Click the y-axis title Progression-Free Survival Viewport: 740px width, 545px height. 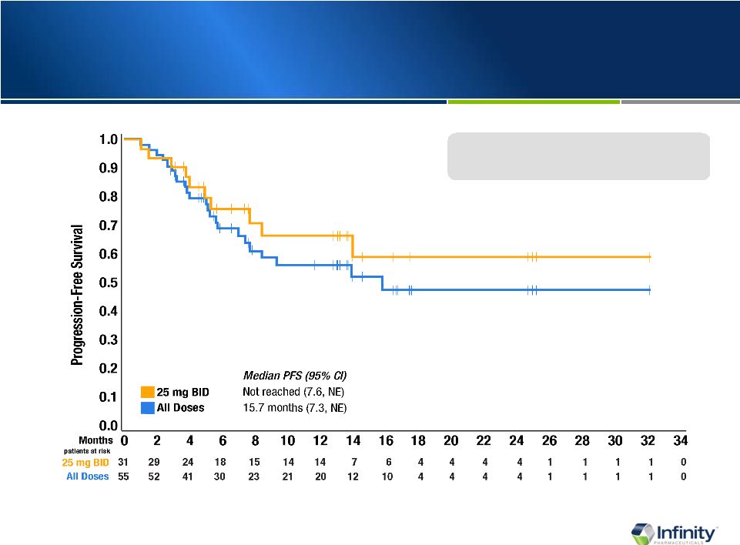click(78, 295)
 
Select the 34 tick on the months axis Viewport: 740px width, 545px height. click(681, 441)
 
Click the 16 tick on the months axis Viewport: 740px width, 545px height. click(386, 441)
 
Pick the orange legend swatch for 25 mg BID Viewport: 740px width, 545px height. click(148, 393)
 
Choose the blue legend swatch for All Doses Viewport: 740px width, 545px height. click(148, 407)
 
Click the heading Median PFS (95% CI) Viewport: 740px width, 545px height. click(295, 376)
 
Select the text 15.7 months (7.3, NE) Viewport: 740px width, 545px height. click(295, 407)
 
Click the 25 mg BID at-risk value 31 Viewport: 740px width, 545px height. click(124, 462)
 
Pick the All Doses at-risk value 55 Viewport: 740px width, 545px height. click(124, 476)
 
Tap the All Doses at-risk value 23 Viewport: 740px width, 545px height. click(255, 476)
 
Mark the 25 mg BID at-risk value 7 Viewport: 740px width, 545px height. click(353, 462)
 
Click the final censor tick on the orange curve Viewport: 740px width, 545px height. click(649, 256)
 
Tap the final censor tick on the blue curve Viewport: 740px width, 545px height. click(649, 289)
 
